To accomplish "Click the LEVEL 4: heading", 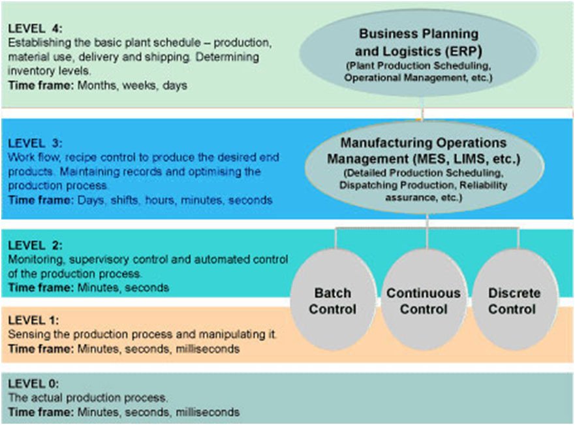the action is click(35, 28).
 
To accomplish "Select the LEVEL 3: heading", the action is click(35, 143).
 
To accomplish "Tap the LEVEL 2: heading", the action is click(35, 245).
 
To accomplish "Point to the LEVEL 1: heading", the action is click(33, 320).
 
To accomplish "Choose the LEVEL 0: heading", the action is click(33, 384).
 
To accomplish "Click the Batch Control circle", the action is click(333, 300).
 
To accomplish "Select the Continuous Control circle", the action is click(424, 300).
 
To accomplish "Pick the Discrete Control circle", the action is click(514, 300).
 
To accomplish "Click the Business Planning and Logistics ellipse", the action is click(419, 53).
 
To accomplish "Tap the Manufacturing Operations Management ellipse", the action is click(424, 167).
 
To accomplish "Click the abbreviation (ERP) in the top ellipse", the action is click(463, 52).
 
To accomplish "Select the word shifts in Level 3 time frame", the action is click(124, 200).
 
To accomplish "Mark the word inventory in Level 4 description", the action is click(30, 71).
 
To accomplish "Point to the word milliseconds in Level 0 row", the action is click(208, 412).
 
